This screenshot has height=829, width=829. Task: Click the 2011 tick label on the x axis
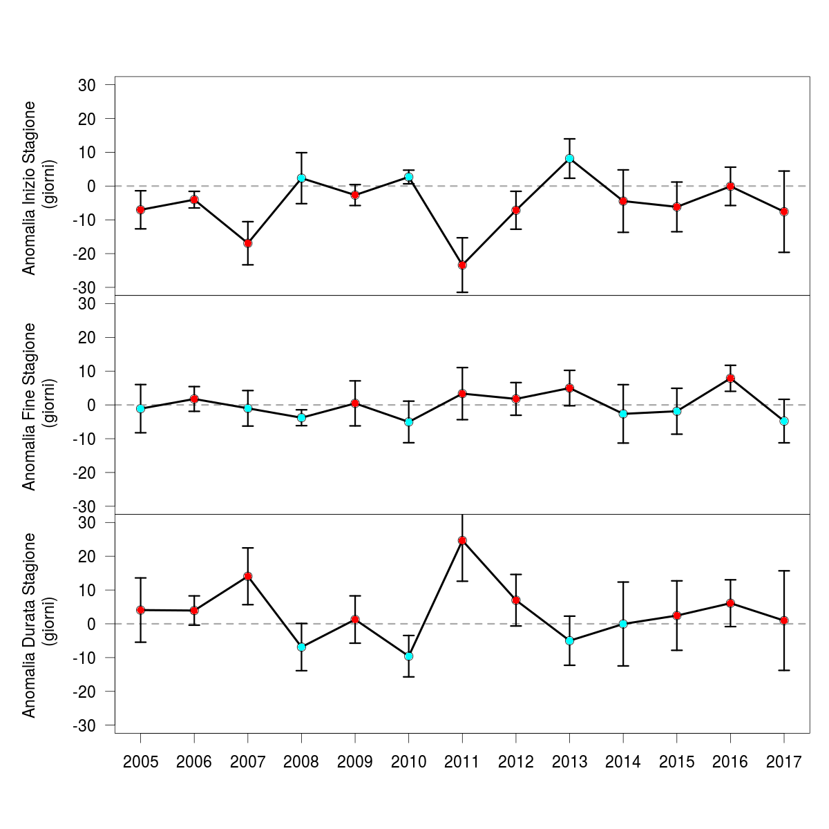462,763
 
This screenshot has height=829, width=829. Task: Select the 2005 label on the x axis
140,763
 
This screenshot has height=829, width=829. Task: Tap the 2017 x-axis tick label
783,763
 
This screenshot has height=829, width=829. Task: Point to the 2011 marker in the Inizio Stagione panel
462,265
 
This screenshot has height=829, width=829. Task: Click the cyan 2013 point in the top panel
569,158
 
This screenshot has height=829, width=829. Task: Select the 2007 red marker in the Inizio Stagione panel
248,243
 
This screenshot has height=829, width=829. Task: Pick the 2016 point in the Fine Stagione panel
730,379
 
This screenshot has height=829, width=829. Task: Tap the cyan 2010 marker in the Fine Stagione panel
408,422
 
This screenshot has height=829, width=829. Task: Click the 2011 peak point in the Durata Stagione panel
462,540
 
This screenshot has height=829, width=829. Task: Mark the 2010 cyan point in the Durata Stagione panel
408,656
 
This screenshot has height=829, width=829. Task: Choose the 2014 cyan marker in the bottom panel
623,624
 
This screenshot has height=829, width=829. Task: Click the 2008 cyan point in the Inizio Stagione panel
301,178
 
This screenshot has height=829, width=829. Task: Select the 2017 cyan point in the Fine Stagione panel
783,421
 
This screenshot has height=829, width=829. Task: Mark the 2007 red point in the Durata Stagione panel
248,576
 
